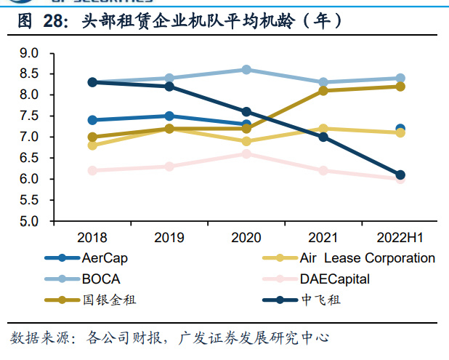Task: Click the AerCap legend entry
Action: click(94, 258)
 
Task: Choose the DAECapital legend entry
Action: click(334, 279)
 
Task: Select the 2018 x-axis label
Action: click(92, 237)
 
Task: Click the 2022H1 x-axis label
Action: click(400, 237)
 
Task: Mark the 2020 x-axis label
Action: click(246, 237)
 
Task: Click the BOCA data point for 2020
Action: click(246, 70)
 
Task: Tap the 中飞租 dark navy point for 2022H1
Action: click(400, 175)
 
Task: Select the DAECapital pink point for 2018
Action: click(92, 170)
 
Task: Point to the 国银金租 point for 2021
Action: click(323, 91)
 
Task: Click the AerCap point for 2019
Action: click(169, 116)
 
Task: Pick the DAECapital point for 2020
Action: click(246, 153)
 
